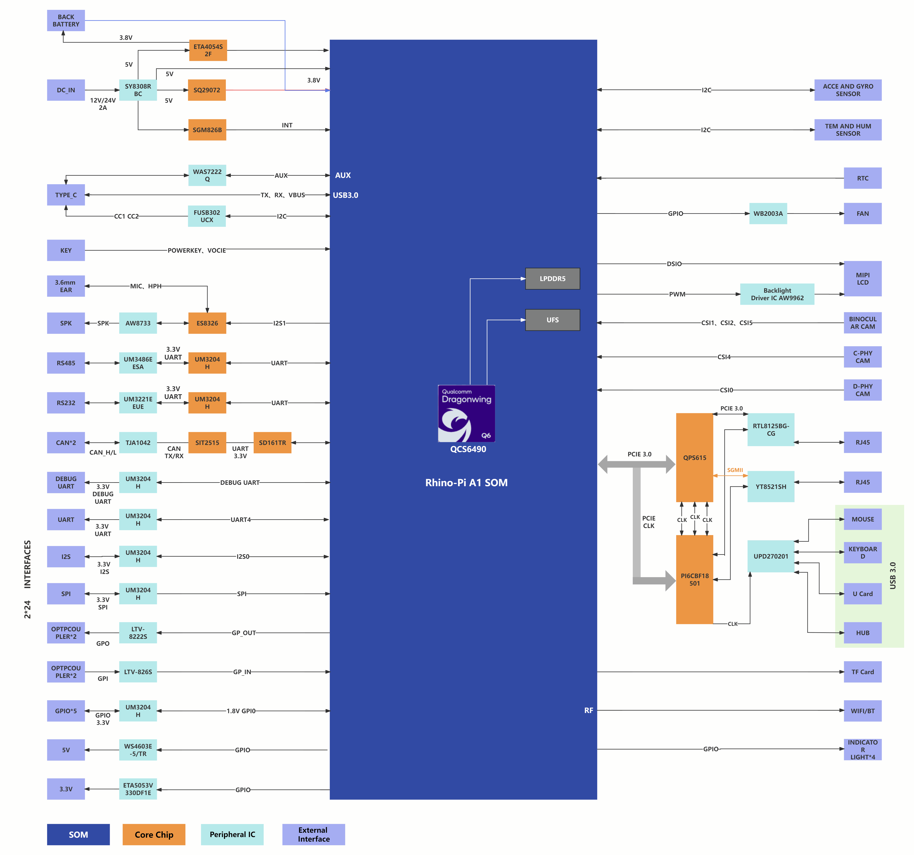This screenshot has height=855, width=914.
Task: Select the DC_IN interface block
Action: click(66, 90)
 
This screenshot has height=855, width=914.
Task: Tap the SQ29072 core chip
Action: click(207, 90)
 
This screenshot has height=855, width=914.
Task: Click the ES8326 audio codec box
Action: click(207, 323)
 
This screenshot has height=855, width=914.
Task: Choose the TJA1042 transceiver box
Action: click(138, 443)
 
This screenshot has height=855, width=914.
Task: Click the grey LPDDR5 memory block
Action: click(553, 278)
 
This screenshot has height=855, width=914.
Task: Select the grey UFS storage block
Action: click(553, 320)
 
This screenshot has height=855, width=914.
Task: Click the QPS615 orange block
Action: click(695, 457)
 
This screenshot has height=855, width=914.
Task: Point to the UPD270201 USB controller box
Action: click(771, 556)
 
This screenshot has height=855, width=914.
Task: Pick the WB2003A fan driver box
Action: click(768, 214)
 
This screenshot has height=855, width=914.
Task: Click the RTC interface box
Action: click(863, 178)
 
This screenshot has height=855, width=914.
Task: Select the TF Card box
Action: click(863, 672)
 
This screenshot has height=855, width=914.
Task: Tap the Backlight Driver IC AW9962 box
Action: click(777, 294)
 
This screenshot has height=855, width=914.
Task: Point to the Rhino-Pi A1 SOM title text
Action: click(467, 483)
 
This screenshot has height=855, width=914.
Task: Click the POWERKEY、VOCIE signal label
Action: click(197, 250)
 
